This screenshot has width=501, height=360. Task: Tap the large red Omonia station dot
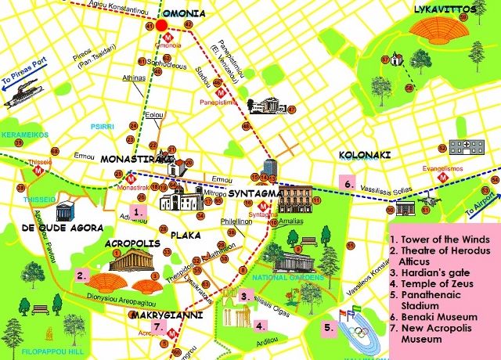coord(162,26)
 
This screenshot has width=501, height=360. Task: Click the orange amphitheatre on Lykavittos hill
coord(438,30)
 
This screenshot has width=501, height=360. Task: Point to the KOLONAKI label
coord(364,155)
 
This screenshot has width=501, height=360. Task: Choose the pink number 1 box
coord(138,211)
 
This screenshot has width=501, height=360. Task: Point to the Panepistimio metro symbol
coord(220,89)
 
